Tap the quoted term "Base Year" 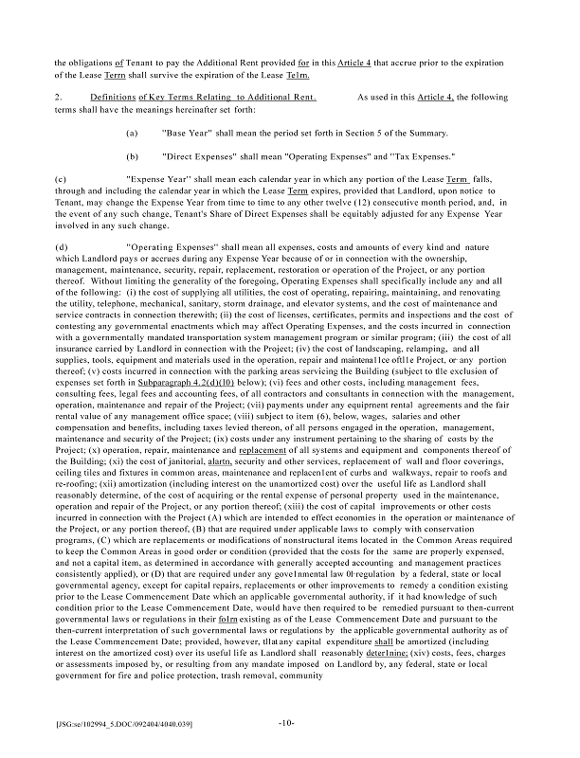pyautogui.click(x=187, y=134)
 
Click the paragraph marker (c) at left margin pyautogui.click(x=62, y=178)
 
